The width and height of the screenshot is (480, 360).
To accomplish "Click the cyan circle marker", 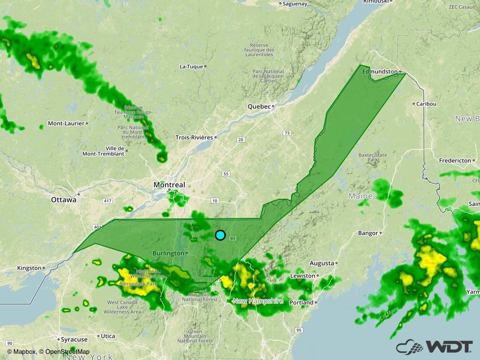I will coord(220,235).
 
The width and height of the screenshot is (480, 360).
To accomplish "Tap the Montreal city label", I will coord(169,184).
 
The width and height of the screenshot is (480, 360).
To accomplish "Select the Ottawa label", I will coord(64,200).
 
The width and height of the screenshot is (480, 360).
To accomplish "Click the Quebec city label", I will coord(258,107).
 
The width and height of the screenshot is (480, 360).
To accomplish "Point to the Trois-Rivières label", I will coord(194,137).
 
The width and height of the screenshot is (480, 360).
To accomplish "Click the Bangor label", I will coord(368,233).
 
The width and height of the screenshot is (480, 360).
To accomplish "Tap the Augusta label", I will coord(322,263).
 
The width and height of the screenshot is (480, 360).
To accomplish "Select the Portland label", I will coord(301,302).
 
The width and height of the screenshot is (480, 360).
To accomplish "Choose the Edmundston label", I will coord(379,72).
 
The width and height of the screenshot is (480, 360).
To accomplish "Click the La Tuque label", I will coord(191,66).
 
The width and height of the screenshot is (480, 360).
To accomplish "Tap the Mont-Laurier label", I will coord(66,123).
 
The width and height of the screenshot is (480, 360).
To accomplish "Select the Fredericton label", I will coord(455,160).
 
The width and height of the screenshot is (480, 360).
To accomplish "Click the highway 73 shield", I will coord(287,133).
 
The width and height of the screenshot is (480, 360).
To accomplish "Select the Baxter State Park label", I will coord(372,157).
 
